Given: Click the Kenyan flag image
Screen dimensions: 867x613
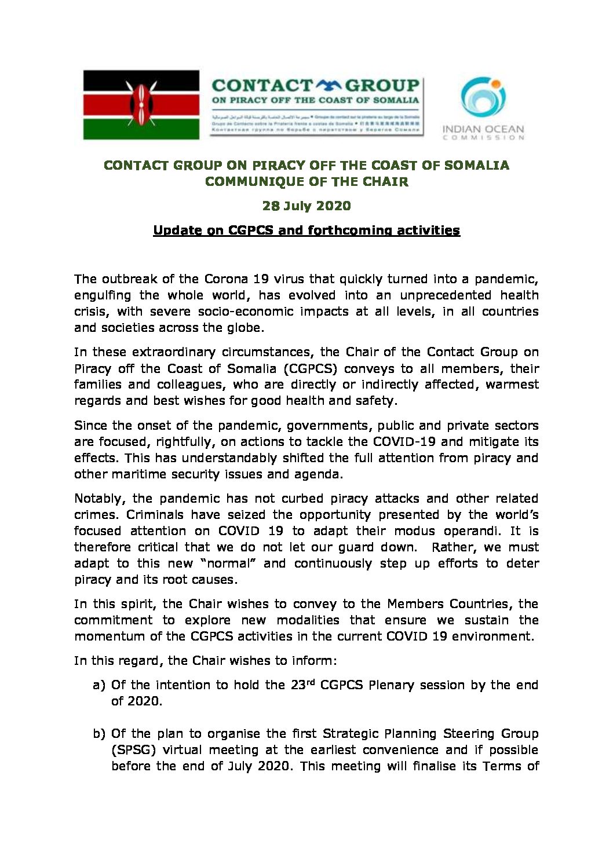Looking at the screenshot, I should click(141, 105).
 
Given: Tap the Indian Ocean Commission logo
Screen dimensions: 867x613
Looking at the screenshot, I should click(483, 108).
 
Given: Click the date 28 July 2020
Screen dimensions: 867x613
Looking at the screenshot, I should click(306, 206).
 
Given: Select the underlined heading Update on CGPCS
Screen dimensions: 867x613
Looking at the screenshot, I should click(306, 231).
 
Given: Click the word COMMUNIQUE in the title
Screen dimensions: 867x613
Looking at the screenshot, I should click(260, 181).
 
